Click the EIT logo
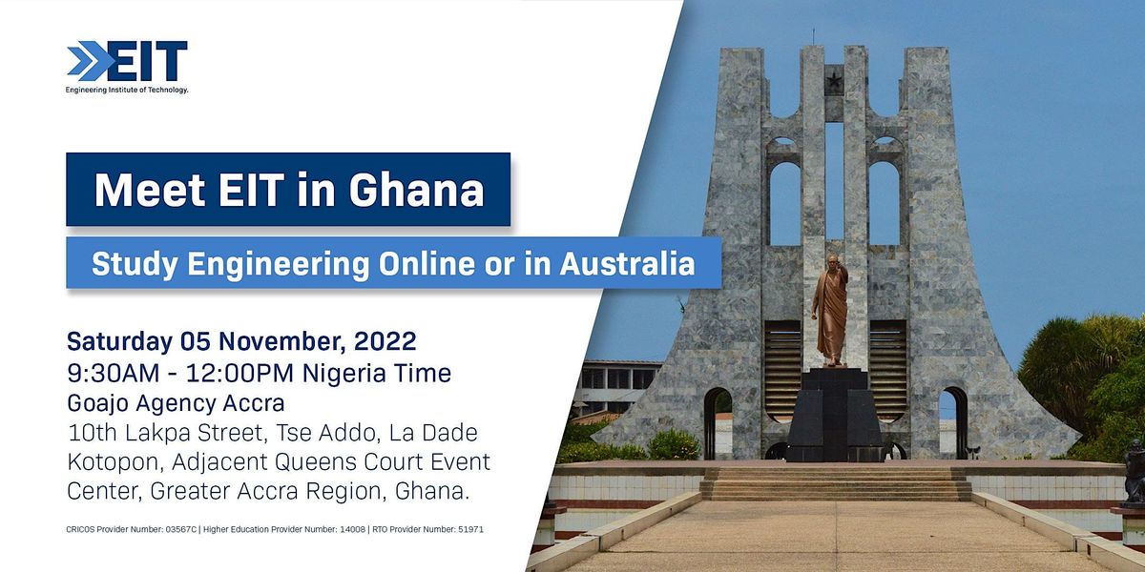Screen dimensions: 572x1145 127,62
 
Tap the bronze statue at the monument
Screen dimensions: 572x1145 830,310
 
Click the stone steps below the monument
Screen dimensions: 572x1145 836,483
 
